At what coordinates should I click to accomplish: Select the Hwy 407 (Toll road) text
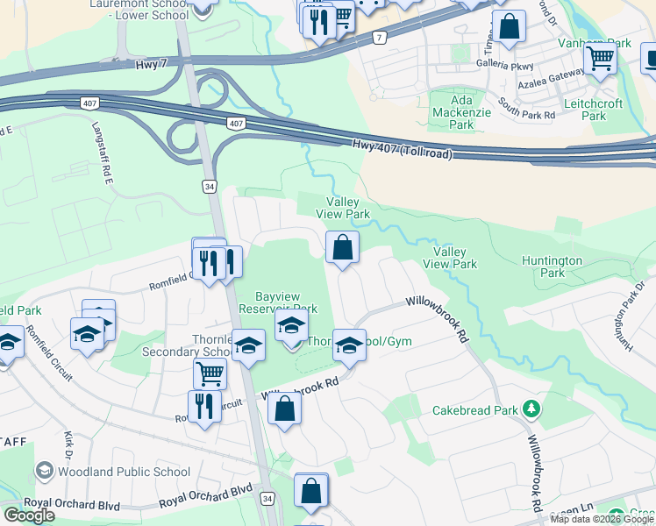[x=403, y=149]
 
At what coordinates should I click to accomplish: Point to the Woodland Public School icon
[x=44, y=472]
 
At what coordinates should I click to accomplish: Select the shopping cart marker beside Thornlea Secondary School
[x=210, y=374]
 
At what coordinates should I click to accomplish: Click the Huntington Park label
[x=552, y=267]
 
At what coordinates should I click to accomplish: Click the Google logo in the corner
[x=30, y=515]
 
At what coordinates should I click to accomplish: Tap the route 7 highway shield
[x=379, y=38]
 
